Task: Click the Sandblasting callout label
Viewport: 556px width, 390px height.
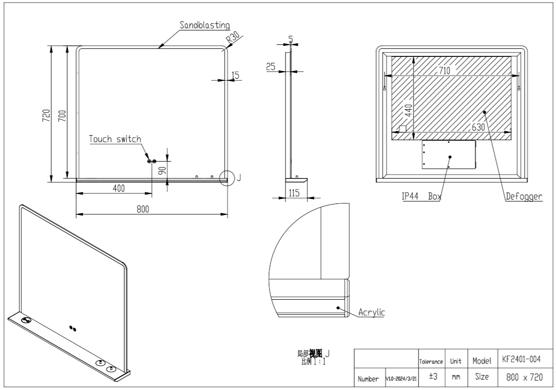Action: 204,25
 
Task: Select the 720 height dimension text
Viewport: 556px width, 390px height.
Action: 46,115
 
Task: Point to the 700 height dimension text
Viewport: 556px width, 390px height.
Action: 62,115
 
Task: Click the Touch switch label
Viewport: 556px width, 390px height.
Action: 115,139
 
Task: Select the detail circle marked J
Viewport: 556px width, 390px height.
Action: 227,178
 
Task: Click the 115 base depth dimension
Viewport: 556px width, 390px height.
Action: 293,193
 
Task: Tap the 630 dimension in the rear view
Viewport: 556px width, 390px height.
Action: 479,127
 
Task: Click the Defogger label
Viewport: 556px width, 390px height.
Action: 524,196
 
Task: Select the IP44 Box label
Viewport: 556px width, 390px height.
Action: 421,196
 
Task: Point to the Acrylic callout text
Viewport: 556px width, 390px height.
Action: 372,313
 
